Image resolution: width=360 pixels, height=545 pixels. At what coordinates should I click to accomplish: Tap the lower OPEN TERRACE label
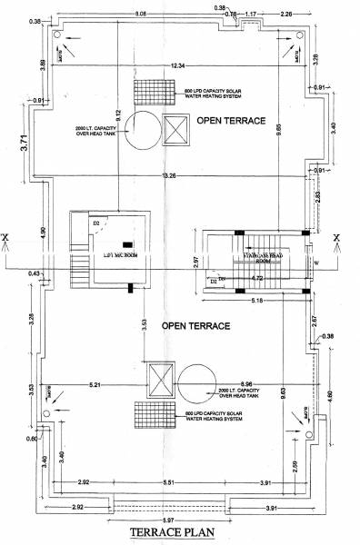(193, 324)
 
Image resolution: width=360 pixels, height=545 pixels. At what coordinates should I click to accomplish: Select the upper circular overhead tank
(141, 126)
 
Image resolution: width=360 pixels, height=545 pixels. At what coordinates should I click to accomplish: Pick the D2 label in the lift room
(94, 222)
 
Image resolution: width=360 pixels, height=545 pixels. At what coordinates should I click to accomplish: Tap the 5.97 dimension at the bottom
(181, 518)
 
